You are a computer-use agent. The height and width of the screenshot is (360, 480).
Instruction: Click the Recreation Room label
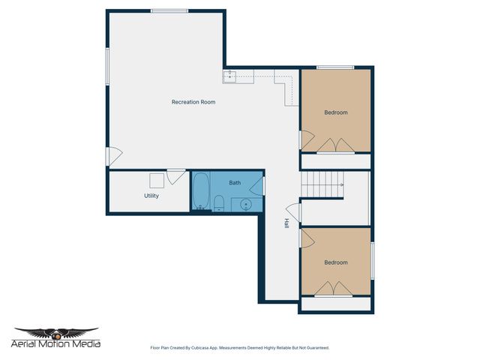[x=193, y=102]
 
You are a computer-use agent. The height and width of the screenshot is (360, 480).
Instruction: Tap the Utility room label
[x=151, y=196]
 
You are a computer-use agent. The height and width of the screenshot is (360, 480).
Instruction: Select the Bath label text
[x=235, y=183]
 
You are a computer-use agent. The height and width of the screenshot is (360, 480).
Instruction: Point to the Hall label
[x=286, y=223]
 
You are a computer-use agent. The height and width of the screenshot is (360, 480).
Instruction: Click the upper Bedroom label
[x=336, y=112]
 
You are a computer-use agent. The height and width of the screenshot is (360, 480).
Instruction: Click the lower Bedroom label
[x=336, y=262]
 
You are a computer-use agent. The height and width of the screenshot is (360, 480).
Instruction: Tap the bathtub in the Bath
[x=200, y=192]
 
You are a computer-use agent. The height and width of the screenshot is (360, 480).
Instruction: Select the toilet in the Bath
[x=219, y=202]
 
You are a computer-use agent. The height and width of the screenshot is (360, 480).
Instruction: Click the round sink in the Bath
[x=245, y=203]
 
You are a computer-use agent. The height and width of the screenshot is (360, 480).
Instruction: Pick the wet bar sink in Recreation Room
[x=230, y=75]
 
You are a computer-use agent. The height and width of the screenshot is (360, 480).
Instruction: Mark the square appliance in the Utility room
[x=157, y=181]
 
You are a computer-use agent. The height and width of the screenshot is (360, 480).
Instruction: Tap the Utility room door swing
[x=176, y=177]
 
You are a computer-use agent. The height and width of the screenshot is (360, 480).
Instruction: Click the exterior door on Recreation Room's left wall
[x=112, y=156]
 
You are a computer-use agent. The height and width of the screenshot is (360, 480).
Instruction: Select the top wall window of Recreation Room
[x=169, y=10]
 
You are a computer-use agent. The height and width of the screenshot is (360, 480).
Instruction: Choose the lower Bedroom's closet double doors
[x=333, y=289]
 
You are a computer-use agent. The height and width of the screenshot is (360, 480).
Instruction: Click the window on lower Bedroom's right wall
[x=372, y=262]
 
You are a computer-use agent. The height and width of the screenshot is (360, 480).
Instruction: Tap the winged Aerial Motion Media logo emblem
[x=56, y=332]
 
